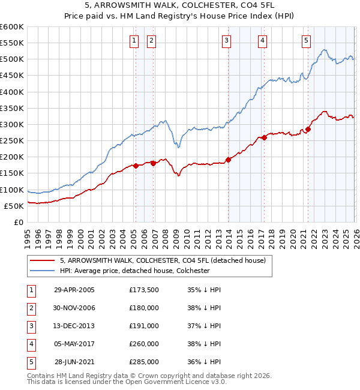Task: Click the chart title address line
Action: coord(179,7)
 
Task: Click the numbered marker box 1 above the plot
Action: coord(133,41)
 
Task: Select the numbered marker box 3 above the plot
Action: coord(226,41)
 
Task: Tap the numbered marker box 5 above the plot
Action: coord(306,41)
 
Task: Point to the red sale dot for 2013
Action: coord(228,160)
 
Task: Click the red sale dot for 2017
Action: coord(264,137)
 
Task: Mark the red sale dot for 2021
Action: coord(308,129)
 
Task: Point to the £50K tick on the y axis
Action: coord(14,206)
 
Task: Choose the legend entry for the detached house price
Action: coord(166,260)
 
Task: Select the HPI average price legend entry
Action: coord(134,271)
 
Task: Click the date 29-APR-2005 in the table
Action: coord(74,290)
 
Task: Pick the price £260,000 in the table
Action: coord(144,344)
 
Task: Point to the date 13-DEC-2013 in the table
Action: coord(74,326)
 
